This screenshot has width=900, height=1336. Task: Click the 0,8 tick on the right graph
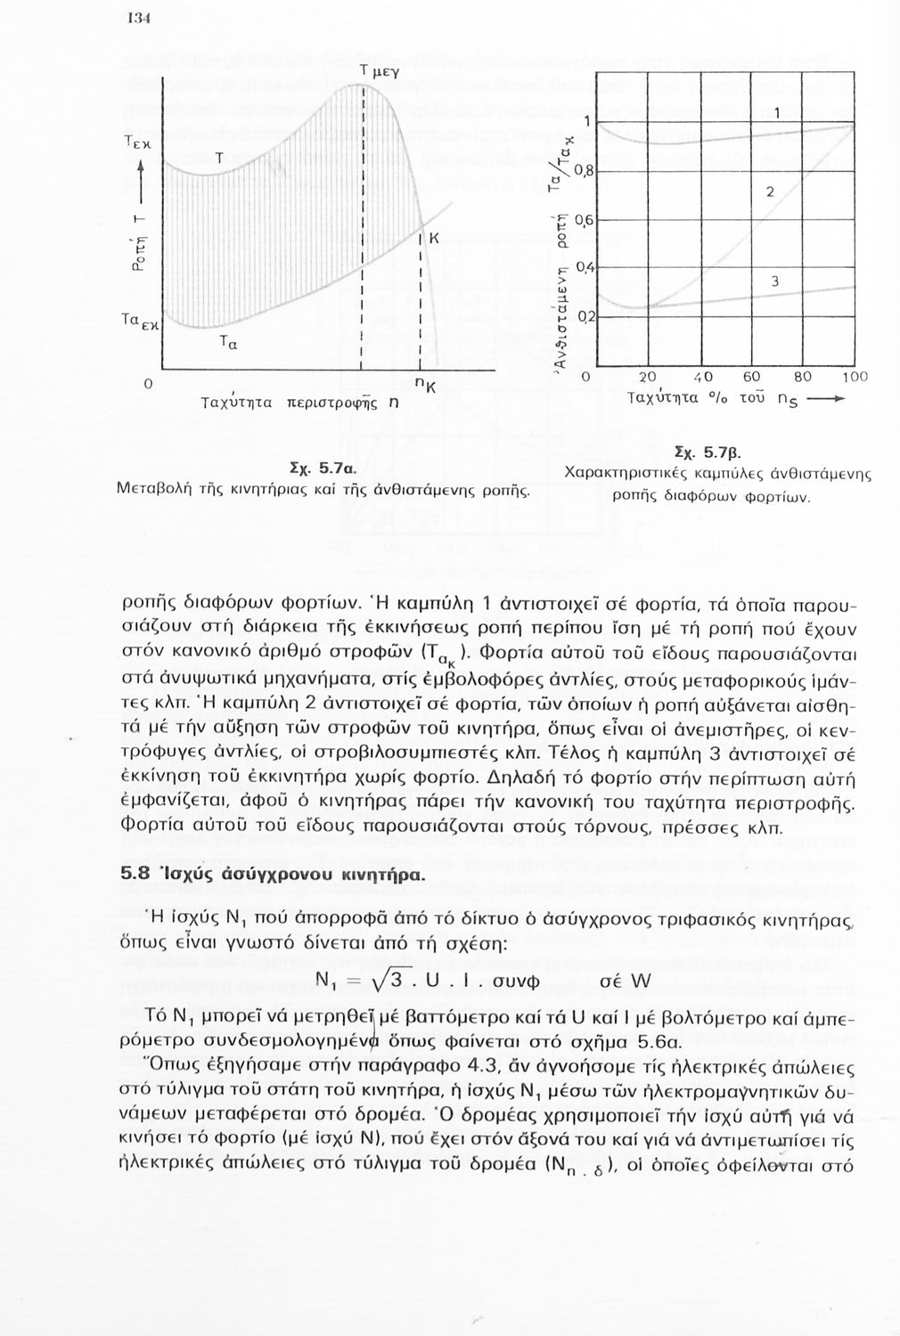[585, 170]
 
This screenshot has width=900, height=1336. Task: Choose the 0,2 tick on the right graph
[585, 316]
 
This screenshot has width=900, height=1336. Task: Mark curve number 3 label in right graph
[774, 282]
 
